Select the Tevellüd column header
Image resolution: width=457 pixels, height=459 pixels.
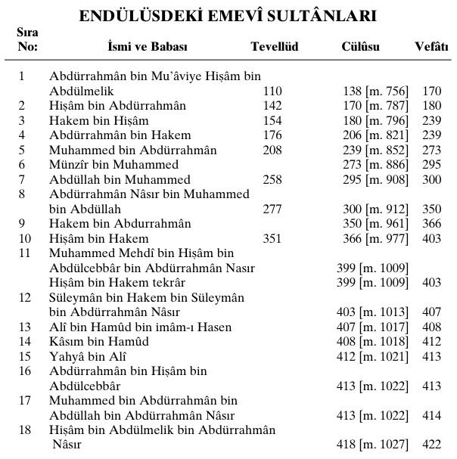[x=274, y=47]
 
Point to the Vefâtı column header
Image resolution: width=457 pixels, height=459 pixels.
[x=431, y=47]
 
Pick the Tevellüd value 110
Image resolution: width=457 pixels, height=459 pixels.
[x=272, y=91]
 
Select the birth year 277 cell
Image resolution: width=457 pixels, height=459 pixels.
[x=272, y=209]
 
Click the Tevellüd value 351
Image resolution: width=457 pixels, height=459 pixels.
[x=272, y=238]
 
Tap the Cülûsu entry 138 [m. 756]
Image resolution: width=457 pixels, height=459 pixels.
[x=375, y=91]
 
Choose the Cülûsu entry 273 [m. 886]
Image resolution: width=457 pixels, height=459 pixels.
[x=375, y=165]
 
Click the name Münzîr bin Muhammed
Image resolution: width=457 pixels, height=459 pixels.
[x=114, y=165]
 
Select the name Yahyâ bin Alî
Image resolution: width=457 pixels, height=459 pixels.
[x=88, y=356]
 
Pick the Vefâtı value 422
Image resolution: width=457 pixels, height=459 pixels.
[x=431, y=445]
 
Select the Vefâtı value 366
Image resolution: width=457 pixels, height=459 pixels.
[x=431, y=224]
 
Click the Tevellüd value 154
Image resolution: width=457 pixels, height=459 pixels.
[x=272, y=121]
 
